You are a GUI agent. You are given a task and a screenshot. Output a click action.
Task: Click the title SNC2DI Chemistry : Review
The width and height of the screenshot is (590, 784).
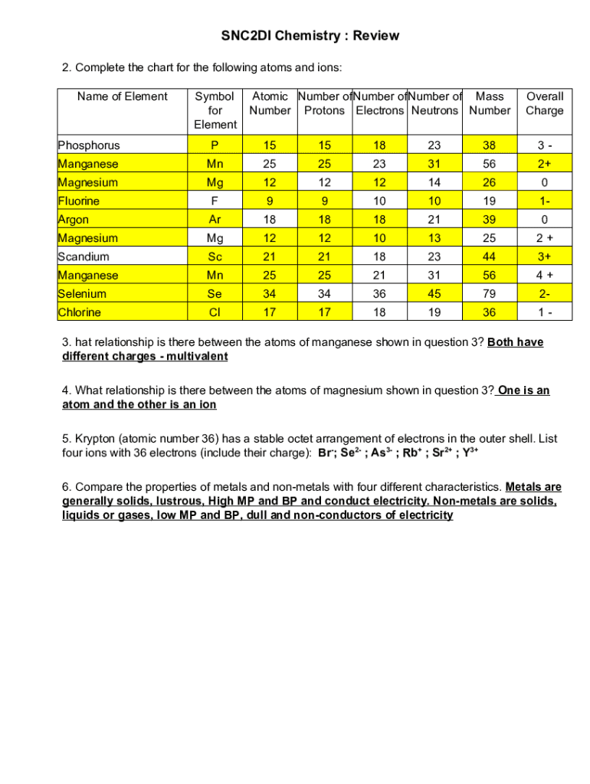tap(310, 36)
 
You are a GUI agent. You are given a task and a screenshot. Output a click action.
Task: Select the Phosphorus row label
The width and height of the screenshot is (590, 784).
tap(89, 145)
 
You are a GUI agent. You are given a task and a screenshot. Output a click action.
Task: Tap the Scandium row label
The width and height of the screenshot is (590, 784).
tap(84, 256)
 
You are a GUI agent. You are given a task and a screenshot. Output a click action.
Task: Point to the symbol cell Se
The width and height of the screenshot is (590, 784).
tap(215, 294)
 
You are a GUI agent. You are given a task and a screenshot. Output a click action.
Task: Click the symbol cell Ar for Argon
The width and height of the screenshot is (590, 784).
tap(215, 220)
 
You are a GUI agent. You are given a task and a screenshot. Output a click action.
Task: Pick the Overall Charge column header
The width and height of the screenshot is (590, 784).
tap(544, 103)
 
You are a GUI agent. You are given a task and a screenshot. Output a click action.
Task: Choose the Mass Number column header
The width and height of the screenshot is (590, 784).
tap(490, 103)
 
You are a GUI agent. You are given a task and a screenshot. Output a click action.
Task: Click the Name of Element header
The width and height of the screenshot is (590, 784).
tap(123, 96)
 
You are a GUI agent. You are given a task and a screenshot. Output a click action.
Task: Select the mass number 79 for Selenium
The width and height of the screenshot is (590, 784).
tap(490, 294)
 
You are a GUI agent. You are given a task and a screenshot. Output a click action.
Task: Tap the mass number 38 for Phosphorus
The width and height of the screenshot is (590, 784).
tap(490, 145)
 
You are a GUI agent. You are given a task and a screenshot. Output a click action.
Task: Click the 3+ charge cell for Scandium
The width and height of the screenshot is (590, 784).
tap(544, 256)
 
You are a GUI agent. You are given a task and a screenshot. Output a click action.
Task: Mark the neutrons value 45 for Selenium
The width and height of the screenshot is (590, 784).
tap(434, 294)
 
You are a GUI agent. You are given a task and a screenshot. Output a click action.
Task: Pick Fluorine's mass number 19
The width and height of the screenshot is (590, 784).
tap(490, 201)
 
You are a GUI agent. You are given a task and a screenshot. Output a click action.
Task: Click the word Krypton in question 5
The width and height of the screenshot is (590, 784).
tap(96, 439)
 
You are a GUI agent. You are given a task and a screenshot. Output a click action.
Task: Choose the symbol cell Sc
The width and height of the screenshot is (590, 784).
tap(215, 256)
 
